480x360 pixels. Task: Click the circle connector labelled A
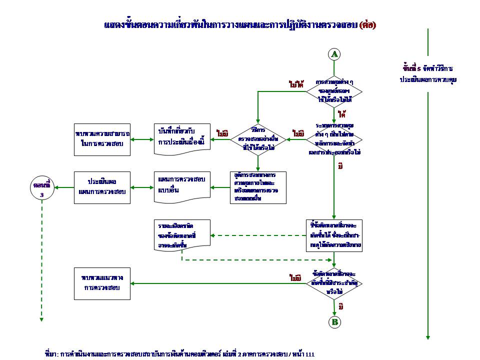click(x=334, y=54)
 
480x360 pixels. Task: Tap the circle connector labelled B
click(x=334, y=322)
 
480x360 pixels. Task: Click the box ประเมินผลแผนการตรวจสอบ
click(x=101, y=187)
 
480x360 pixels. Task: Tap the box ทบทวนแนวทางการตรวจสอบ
click(x=101, y=283)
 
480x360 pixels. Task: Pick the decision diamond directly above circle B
click(x=334, y=283)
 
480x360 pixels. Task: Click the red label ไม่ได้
click(x=296, y=84)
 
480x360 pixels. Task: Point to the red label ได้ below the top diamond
click(x=342, y=114)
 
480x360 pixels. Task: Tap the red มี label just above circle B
click(x=340, y=306)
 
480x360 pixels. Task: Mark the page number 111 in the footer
click(x=309, y=354)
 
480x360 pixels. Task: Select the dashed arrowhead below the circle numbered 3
click(x=42, y=318)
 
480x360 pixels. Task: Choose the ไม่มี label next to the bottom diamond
click(x=295, y=277)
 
